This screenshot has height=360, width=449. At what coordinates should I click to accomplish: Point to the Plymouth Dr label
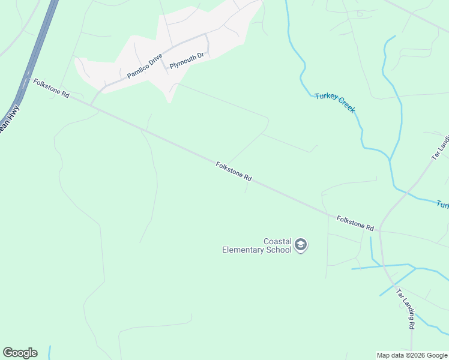pos(187,61)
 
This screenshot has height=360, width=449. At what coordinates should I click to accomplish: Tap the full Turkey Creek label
pos(335,103)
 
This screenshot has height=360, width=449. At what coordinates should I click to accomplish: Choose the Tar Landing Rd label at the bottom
pos(405,308)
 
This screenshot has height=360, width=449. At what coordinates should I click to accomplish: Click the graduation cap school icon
pos(301,245)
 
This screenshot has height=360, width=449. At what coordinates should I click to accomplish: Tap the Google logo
pos(20,353)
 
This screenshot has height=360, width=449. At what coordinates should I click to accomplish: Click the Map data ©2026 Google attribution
pos(412,355)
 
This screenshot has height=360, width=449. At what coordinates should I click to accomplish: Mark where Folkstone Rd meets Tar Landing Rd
pos(379,230)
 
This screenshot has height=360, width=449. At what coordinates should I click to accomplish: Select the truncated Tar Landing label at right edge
pos(440,148)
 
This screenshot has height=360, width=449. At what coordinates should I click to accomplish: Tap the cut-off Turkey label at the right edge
pos(442,205)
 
